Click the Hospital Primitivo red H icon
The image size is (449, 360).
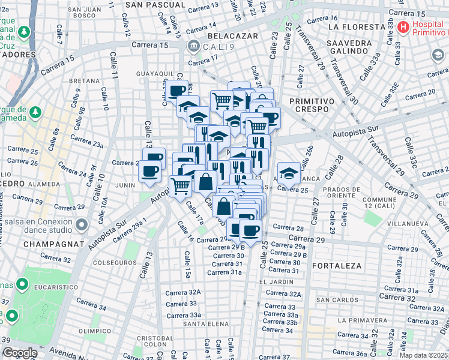click(x=403, y=28)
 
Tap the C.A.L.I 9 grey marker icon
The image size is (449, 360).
click(x=193, y=46)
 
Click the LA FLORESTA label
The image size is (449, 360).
click(x=357, y=27)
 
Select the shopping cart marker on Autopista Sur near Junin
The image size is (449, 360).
click(x=180, y=185)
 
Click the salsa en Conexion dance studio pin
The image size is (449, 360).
click(x=82, y=226)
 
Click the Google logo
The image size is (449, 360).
click(x=20, y=353)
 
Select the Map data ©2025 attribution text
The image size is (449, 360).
click(x=424, y=355)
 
